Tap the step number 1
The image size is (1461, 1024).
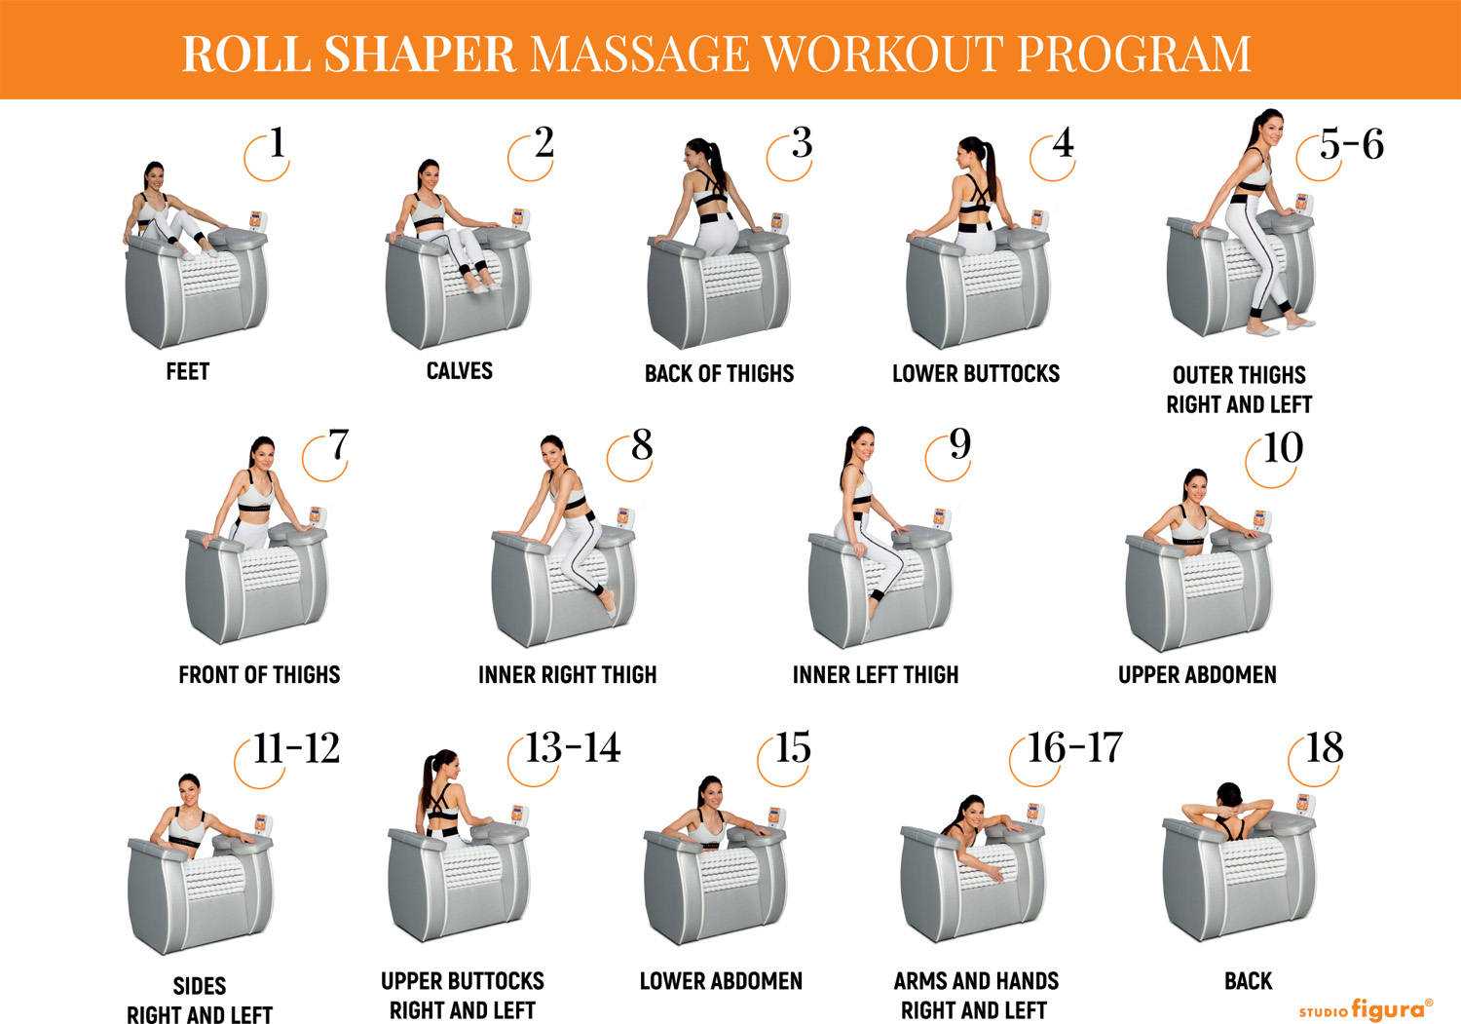coord(278,142)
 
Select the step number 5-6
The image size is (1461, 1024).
coord(1352,144)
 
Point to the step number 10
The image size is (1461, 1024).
coord(1283,448)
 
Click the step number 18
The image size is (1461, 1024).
coord(1324,747)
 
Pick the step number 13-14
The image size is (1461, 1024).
coord(573,747)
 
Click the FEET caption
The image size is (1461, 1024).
coord(188,371)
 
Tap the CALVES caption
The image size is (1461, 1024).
coord(459,370)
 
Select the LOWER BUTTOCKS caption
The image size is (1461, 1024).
coord(976,373)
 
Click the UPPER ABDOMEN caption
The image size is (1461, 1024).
coord(1197,675)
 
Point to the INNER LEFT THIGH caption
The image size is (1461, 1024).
coord(876,675)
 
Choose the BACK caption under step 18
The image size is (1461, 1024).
coord(1249,981)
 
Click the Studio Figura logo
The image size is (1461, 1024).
coord(1366,1008)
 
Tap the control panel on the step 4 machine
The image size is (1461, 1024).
coord(1039,219)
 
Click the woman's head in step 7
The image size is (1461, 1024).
coord(263,452)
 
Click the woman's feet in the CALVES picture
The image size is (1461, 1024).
coord(485,286)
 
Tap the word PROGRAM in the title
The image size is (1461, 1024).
coord(1134,54)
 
